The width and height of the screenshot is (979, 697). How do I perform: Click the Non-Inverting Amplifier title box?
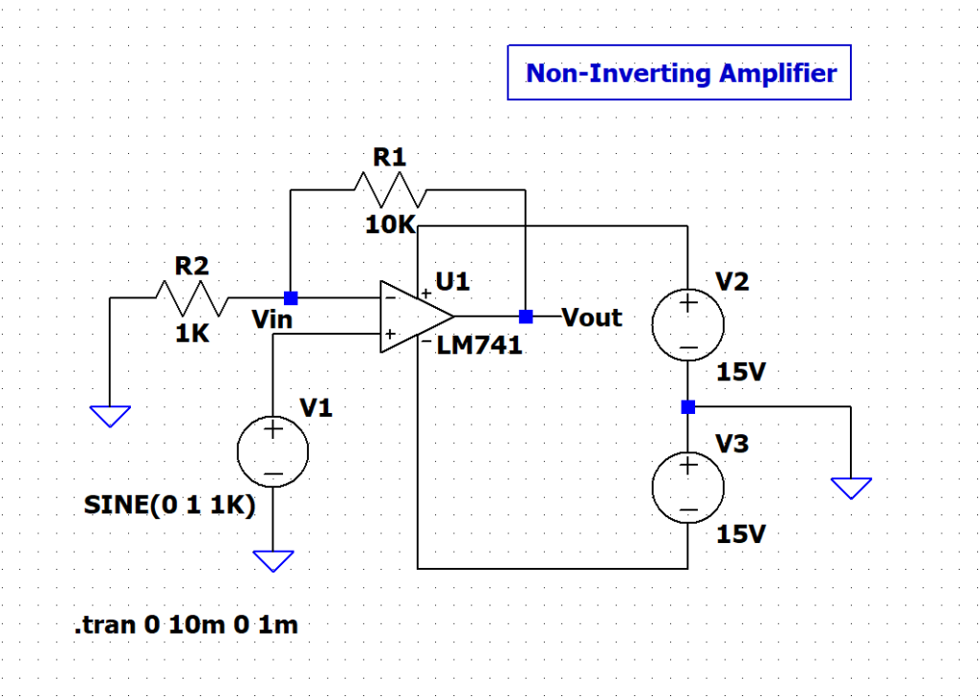pyautogui.click(x=679, y=73)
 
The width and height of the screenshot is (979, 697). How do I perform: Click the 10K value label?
pyautogui.click(x=389, y=226)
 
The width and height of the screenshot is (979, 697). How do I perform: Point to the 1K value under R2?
pyautogui.click(x=192, y=336)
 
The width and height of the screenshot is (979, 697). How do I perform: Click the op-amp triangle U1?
pyautogui.click(x=414, y=316)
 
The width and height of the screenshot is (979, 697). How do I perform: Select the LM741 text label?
pyautogui.click(x=479, y=346)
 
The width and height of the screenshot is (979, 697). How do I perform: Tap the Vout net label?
pyautogui.click(x=592, y=317)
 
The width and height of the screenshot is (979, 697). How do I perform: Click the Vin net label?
pyautogui.click(x=272, y=320)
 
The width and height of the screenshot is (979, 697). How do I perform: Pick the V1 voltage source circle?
pyautogui.click(x=273, y=452)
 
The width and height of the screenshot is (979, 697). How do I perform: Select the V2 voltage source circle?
pyautogui.click(x=687, y=325)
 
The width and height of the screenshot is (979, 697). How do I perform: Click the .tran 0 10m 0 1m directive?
pyautogui.click(x=185, y=626)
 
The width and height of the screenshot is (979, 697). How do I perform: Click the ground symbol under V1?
pyautogui.click(x=274, y=560)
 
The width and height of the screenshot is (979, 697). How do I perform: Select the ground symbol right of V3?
pyautogui.click(x=851, y=488)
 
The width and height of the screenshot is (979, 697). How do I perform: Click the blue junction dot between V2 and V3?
pyautogui.click(x=687, y=406)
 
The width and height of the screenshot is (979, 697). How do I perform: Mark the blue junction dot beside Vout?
pyautogui.click(x=525, y=316)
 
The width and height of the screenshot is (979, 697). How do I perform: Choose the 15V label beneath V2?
pyautogui.click(x=741, y=373)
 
